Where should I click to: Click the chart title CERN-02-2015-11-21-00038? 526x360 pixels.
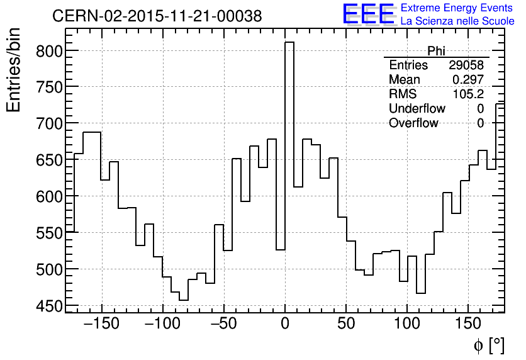(157, 16)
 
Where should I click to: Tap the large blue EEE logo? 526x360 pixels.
(369, 14)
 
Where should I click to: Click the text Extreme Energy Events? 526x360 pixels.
(457, 8)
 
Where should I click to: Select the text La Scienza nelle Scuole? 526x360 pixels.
(457, 21)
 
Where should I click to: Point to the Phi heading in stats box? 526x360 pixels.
(436, 51)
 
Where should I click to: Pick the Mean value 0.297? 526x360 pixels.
(468, 80)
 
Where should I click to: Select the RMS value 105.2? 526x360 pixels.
(468, 94)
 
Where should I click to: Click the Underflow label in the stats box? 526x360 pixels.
(417, 109)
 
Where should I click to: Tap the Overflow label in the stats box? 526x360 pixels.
(413, 123)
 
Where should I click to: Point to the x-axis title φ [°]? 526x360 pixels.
(488, 345)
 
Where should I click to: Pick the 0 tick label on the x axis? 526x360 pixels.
(285, 324)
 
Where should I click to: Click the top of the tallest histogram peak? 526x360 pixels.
(289, 43)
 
